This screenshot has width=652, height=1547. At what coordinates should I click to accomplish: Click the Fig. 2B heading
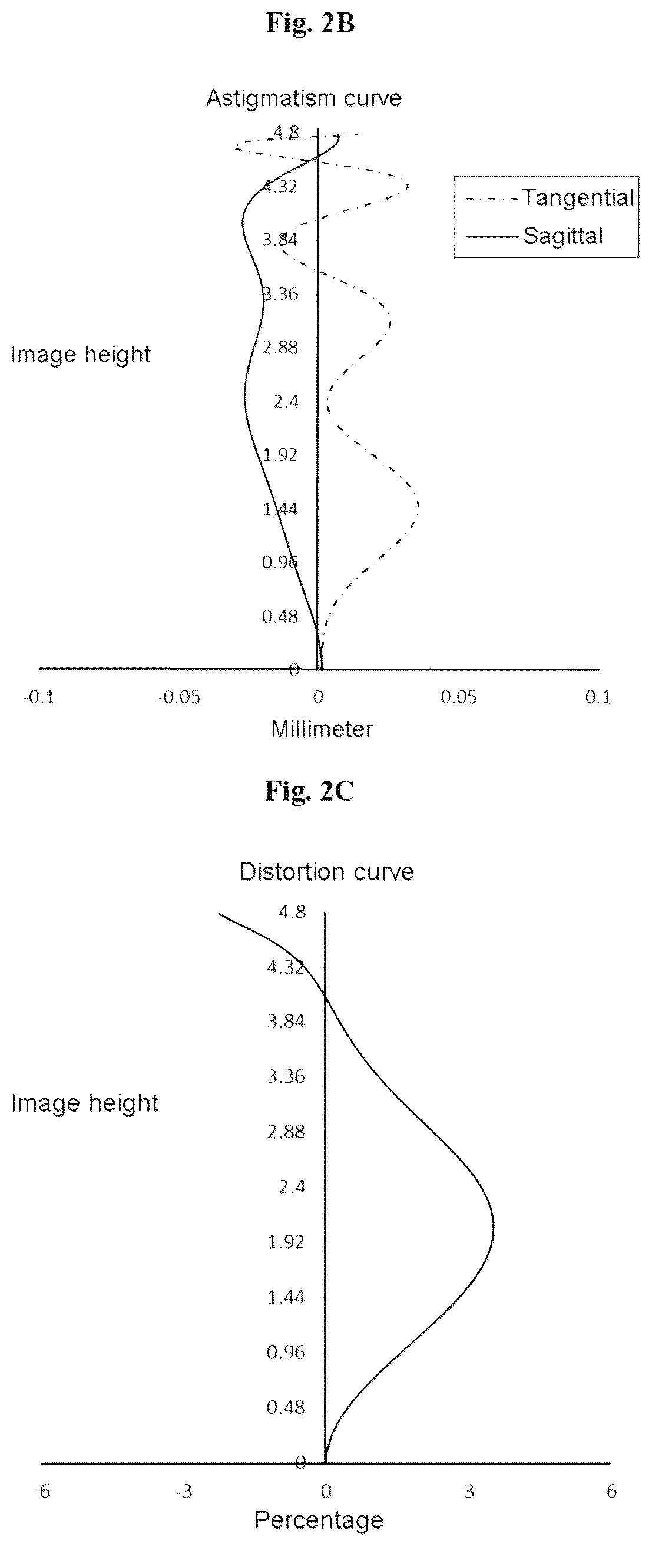tap(310, 23)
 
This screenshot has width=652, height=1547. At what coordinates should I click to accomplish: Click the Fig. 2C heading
tap(310, 791)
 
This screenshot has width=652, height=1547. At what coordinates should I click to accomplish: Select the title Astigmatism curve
tap(304, 98)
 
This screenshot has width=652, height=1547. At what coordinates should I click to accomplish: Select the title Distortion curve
tap(327, 871)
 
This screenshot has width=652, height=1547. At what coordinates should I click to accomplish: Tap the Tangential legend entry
tap(550, 197)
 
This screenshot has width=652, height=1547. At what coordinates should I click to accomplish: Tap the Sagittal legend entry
tap(534, 236)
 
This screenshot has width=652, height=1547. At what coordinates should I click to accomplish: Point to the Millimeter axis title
tap(322, 729)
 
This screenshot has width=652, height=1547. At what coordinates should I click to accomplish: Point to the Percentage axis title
tap(319, 1520)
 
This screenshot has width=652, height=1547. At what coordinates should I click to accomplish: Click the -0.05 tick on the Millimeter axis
tap(179, 697)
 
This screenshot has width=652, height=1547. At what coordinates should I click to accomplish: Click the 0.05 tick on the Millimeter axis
tap(459, 697)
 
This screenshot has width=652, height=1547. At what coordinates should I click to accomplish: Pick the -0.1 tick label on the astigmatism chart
tap(38, 697)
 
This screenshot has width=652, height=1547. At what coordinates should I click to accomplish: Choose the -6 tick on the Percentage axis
tap(42, 1492)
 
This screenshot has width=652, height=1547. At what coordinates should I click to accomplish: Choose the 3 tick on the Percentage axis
tap(469, 1492)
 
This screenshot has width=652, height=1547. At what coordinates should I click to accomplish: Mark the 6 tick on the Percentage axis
tap(611, 1492)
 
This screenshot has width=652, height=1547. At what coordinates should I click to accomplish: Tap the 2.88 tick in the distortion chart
tap(286, 1132)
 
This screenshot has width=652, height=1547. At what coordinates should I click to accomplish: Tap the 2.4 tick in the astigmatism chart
tap(286, 401)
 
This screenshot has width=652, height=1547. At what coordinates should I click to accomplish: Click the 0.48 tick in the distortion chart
tap(286, 1407)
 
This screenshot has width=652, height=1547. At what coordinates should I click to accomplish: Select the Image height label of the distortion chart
tap(85, 1103)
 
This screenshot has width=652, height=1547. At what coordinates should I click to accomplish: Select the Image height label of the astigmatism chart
tap(81, 354)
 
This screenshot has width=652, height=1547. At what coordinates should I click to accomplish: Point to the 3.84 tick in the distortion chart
tap(286, 1021)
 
